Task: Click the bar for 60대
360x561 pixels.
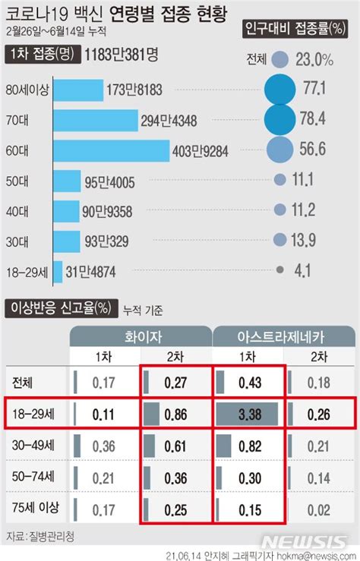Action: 111,150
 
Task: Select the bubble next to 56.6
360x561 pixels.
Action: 279,150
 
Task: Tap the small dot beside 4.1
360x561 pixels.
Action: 280,269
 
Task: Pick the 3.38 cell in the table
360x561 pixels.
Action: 251,414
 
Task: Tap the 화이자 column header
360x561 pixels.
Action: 141,336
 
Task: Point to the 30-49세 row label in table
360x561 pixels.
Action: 33,446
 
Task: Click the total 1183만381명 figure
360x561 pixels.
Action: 122,54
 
